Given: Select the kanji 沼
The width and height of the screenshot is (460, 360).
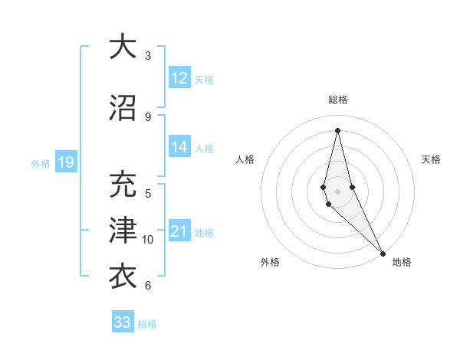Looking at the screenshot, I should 123,108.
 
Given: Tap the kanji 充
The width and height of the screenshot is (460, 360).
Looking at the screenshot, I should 123,186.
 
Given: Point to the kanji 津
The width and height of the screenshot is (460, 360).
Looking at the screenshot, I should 123,231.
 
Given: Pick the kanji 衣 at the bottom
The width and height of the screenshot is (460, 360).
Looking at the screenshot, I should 123,275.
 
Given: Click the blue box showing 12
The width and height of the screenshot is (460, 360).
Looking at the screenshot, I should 179,78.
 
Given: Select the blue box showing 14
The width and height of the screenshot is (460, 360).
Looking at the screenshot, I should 179,147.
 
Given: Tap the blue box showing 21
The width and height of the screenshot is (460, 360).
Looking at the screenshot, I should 179,232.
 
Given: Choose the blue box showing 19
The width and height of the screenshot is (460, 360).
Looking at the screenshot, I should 65,162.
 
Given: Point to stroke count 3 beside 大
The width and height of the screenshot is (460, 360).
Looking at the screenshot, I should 148,56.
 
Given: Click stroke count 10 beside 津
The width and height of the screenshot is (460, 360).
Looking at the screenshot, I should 148,240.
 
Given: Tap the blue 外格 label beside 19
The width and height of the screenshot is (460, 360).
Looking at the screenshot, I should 41,162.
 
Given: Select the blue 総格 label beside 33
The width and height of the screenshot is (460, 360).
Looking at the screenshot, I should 148,324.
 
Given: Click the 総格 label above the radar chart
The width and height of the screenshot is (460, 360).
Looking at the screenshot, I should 338,100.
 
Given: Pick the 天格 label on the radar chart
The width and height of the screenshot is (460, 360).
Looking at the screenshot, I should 432,159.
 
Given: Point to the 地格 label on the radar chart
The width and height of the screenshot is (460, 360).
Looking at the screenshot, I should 402,262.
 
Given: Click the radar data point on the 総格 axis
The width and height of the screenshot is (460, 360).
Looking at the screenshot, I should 337,129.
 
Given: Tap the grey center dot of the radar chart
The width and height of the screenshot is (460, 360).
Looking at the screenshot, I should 337,191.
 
